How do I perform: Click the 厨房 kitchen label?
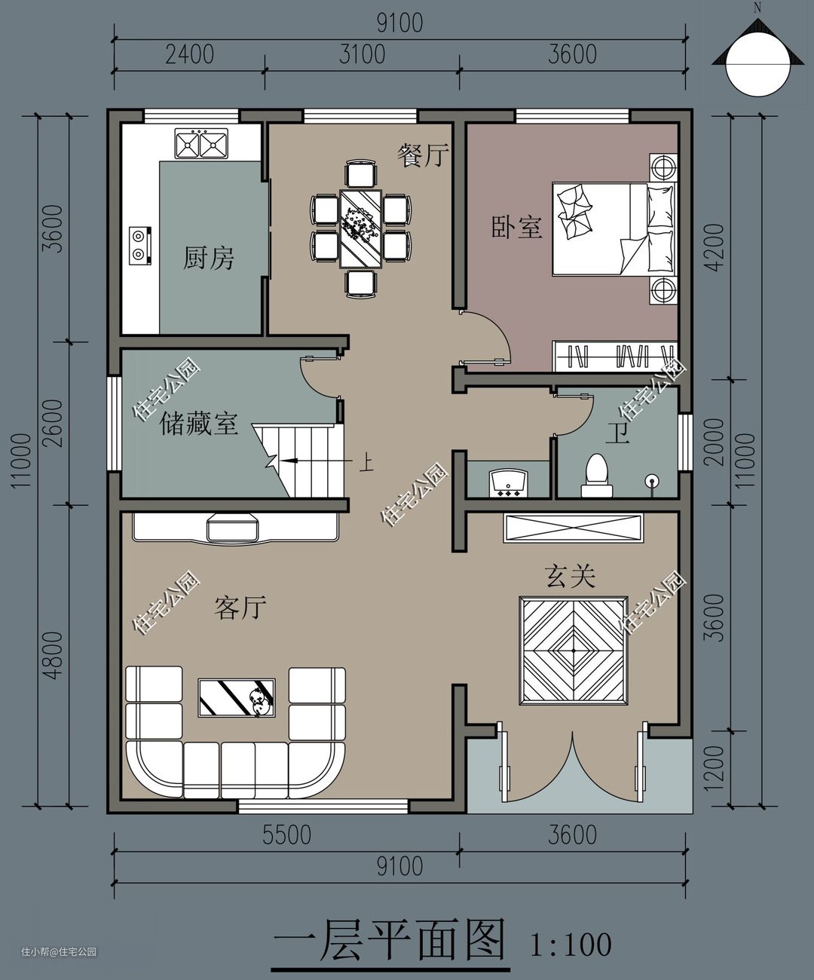tap(208, 258)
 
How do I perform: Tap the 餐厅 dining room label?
tap(423, 155)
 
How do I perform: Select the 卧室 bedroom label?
tap(516, 227)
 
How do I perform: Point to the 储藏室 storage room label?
tap(199, 423)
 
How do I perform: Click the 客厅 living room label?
tap(240, 608)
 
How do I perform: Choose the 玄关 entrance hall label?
tap(570, 576)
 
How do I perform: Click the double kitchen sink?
tap(201, 144)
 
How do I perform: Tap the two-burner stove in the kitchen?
tap(139, 246)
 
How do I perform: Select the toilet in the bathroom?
tap(597, 475)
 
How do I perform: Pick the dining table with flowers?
tap(361, 228)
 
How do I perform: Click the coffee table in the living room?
tap(237, 697)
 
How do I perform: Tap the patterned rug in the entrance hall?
tap(574, 651)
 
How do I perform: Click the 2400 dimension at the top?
tap(189, 54)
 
